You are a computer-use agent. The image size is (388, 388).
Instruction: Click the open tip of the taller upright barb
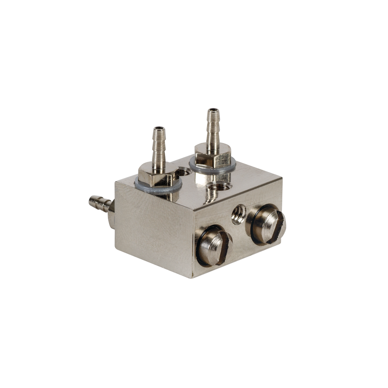[213, 111]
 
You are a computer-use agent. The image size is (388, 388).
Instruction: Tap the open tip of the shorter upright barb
[159, 128]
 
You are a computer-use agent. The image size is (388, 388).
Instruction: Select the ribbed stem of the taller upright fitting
[213, 129]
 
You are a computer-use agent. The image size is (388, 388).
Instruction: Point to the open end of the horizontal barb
[91, 200]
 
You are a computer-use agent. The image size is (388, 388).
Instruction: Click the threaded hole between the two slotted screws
[238, 214]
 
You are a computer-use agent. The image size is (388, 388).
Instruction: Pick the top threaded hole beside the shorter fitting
[185, 172]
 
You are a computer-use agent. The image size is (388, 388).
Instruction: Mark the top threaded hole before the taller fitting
[219, 187]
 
